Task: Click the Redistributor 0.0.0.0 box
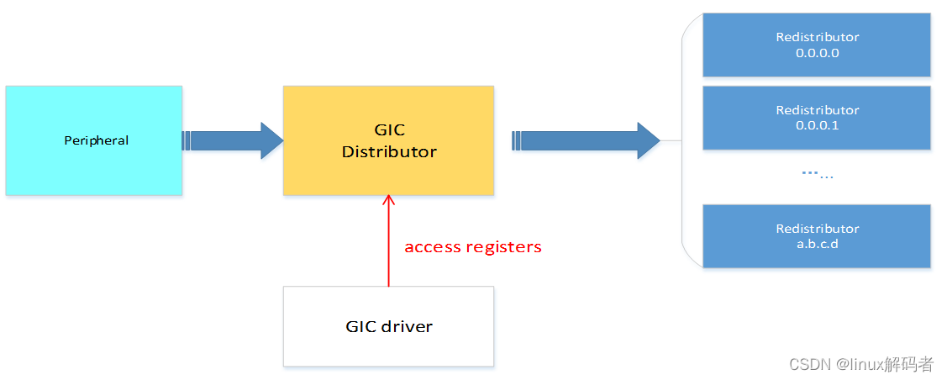pos(816,45)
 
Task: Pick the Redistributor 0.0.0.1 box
pos(816,118)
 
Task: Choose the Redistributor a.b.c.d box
pos(816,236)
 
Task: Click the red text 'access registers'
pos(473,247)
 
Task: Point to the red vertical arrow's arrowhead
pos(388,201)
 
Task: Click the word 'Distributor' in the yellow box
pos(389,152)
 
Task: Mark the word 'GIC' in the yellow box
pos(389,130)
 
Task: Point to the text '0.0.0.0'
pos(817,53)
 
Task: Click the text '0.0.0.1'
pos(817,126)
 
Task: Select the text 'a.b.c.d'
pos(817,245)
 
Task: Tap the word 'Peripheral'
pos(97,140)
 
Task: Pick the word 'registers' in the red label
pos(503,247)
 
